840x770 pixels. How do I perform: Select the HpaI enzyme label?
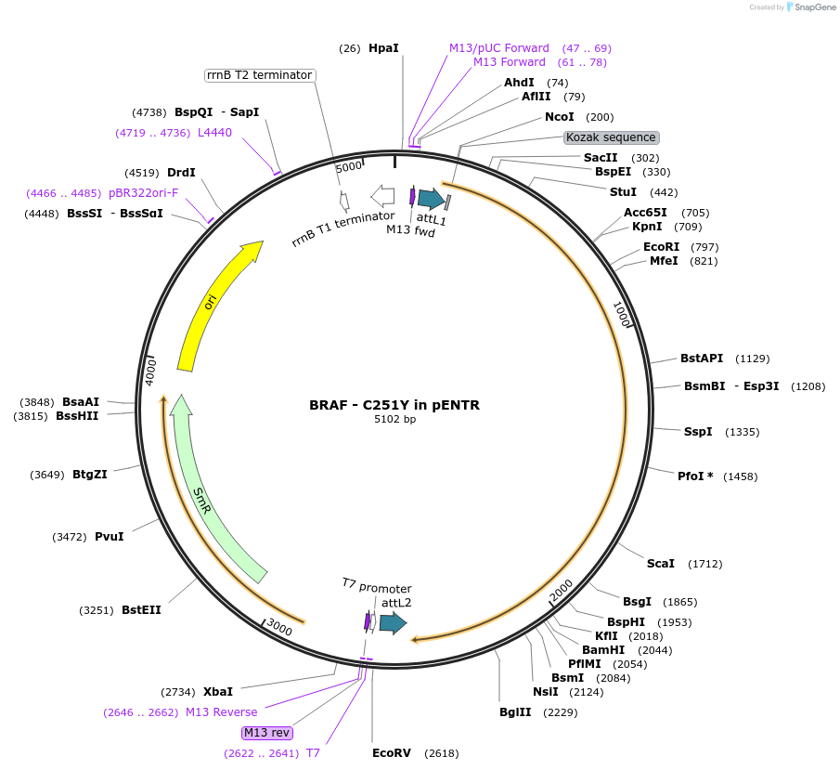click(383, 47)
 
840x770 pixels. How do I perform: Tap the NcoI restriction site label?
click(560, 117)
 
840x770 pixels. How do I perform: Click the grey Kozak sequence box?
click(612, 137)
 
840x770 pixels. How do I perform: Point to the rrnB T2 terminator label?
click(259, 75)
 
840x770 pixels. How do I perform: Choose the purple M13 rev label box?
click(267, 732)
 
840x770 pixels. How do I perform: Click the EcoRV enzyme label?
click(392, 753)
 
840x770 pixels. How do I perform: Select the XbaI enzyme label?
click(218, 692)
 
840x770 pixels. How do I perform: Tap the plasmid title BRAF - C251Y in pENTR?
click(394, 405)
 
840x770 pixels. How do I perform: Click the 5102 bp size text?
click(394, 420)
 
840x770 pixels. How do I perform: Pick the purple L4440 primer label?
click(214, 133)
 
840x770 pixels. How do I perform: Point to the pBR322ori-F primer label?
click(143, 193)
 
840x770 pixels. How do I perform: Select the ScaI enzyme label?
click(661, 564)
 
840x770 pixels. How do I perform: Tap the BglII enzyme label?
click(516, 712)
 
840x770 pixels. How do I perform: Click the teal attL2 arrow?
click(394, 623)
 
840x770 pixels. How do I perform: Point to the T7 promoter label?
click(376, 586)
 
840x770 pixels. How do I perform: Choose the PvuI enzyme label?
click(110, 537)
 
